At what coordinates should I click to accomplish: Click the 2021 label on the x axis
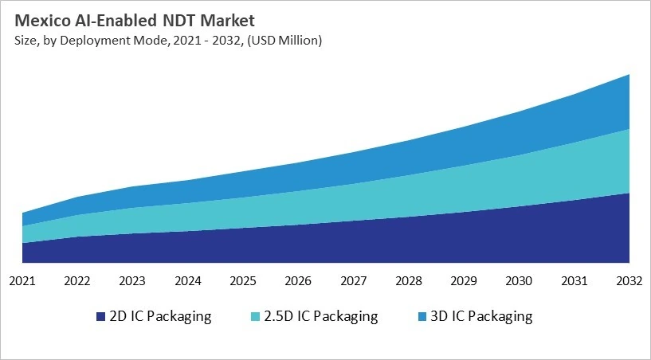pos(22,281)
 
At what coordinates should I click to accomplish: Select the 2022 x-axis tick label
pos(77,281)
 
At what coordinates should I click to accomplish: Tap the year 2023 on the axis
pos(132,281)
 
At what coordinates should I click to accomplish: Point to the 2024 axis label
pos(187,281)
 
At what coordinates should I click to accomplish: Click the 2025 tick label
pos(242,281)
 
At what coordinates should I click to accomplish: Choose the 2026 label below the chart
pos(298,281)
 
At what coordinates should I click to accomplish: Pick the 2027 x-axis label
pos(353,281)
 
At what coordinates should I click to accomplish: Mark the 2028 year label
pos(408,281)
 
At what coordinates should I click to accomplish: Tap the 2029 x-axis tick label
pos(463,281)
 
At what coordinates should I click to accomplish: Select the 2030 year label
pos(519,281)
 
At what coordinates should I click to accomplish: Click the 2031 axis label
pos(574,281)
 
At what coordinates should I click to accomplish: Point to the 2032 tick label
pos(629,281)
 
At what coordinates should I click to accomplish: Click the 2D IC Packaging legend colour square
pos(100,317)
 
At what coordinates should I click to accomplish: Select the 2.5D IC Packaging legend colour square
pos(254,317)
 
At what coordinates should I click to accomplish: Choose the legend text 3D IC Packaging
pos(480,316)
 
